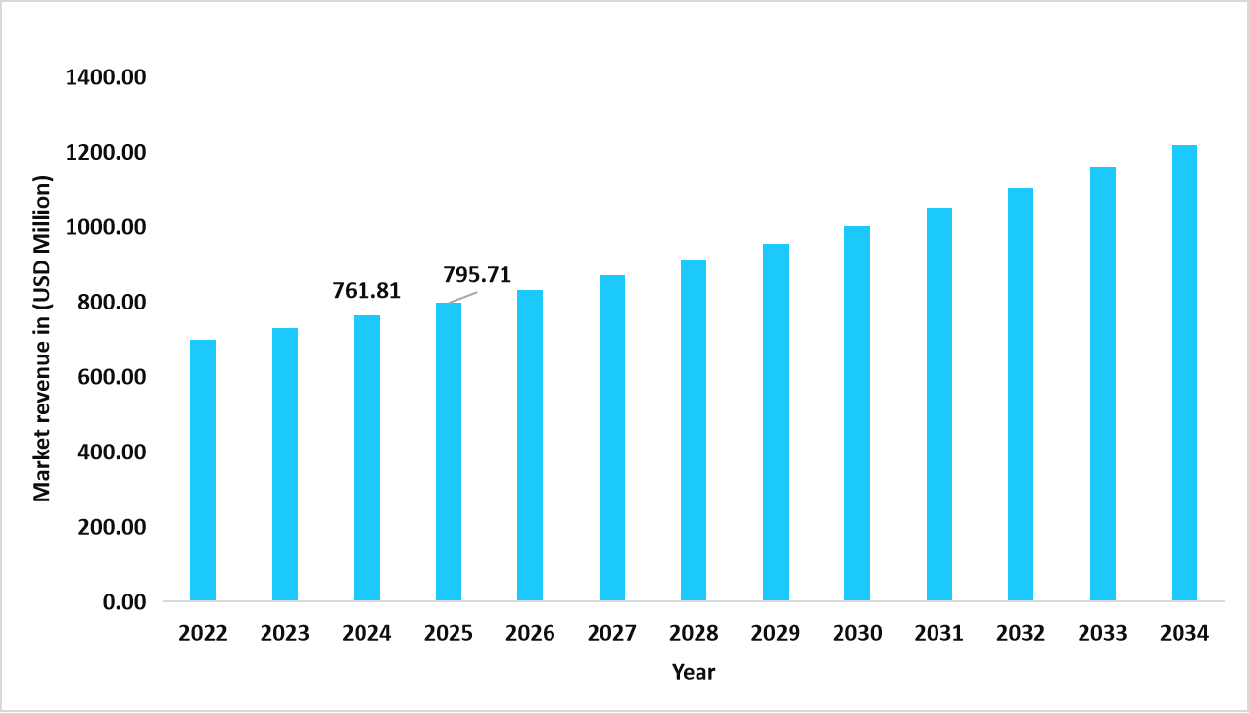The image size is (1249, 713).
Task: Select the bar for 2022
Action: point(203,470)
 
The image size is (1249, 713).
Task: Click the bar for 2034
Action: point(1183,372)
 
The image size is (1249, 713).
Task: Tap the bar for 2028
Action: point(694,430)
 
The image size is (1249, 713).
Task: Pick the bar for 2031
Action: point(938,404)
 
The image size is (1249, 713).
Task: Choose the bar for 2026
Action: point(530,445)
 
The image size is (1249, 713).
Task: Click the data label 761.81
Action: point(366,291)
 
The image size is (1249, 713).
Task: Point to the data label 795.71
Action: point(477,274)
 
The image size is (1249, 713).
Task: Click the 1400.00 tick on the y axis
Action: point(105,77)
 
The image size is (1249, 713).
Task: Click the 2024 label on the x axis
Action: point(366,633)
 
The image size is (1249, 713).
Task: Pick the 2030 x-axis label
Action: point(857,633)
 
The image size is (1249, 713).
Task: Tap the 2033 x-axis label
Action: point(1102,633)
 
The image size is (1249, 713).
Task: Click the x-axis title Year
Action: point(694,673)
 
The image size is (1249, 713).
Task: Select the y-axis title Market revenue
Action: point(42,339)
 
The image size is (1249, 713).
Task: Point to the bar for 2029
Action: point(776,422)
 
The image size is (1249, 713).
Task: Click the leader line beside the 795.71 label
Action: point(451,297)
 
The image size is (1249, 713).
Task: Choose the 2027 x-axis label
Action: point(612,633)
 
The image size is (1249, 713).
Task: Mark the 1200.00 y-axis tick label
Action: point(105,153)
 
